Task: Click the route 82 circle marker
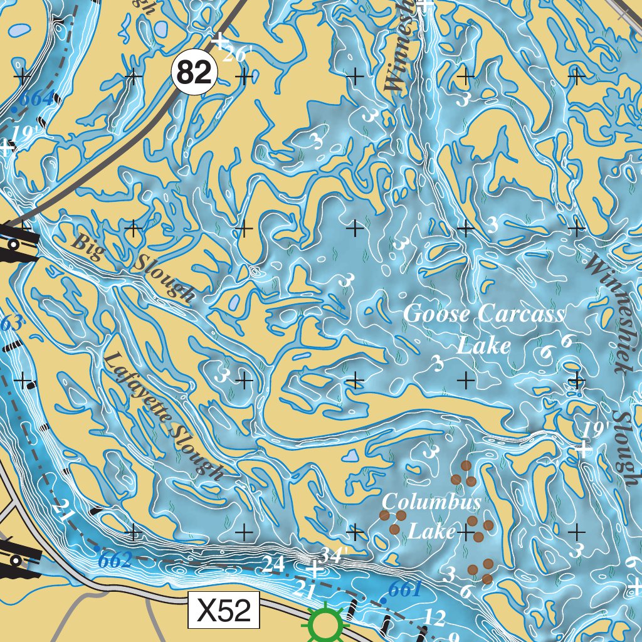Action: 194,74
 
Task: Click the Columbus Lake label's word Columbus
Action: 432,502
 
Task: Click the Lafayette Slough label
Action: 163,416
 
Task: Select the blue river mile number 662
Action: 114,560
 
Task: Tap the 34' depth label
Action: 334,555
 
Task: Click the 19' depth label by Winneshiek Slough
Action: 595,429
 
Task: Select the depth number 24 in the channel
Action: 274,564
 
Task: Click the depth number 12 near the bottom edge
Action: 434,618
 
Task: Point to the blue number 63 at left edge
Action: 10,324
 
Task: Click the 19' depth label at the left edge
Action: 21,134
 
